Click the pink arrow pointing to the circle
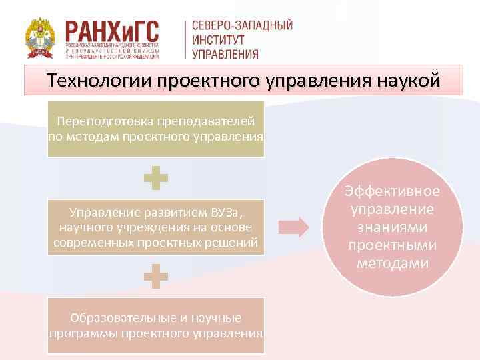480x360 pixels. (294, 227)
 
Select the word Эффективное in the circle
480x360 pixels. (392, 191)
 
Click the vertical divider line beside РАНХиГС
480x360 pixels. (185, 39)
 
